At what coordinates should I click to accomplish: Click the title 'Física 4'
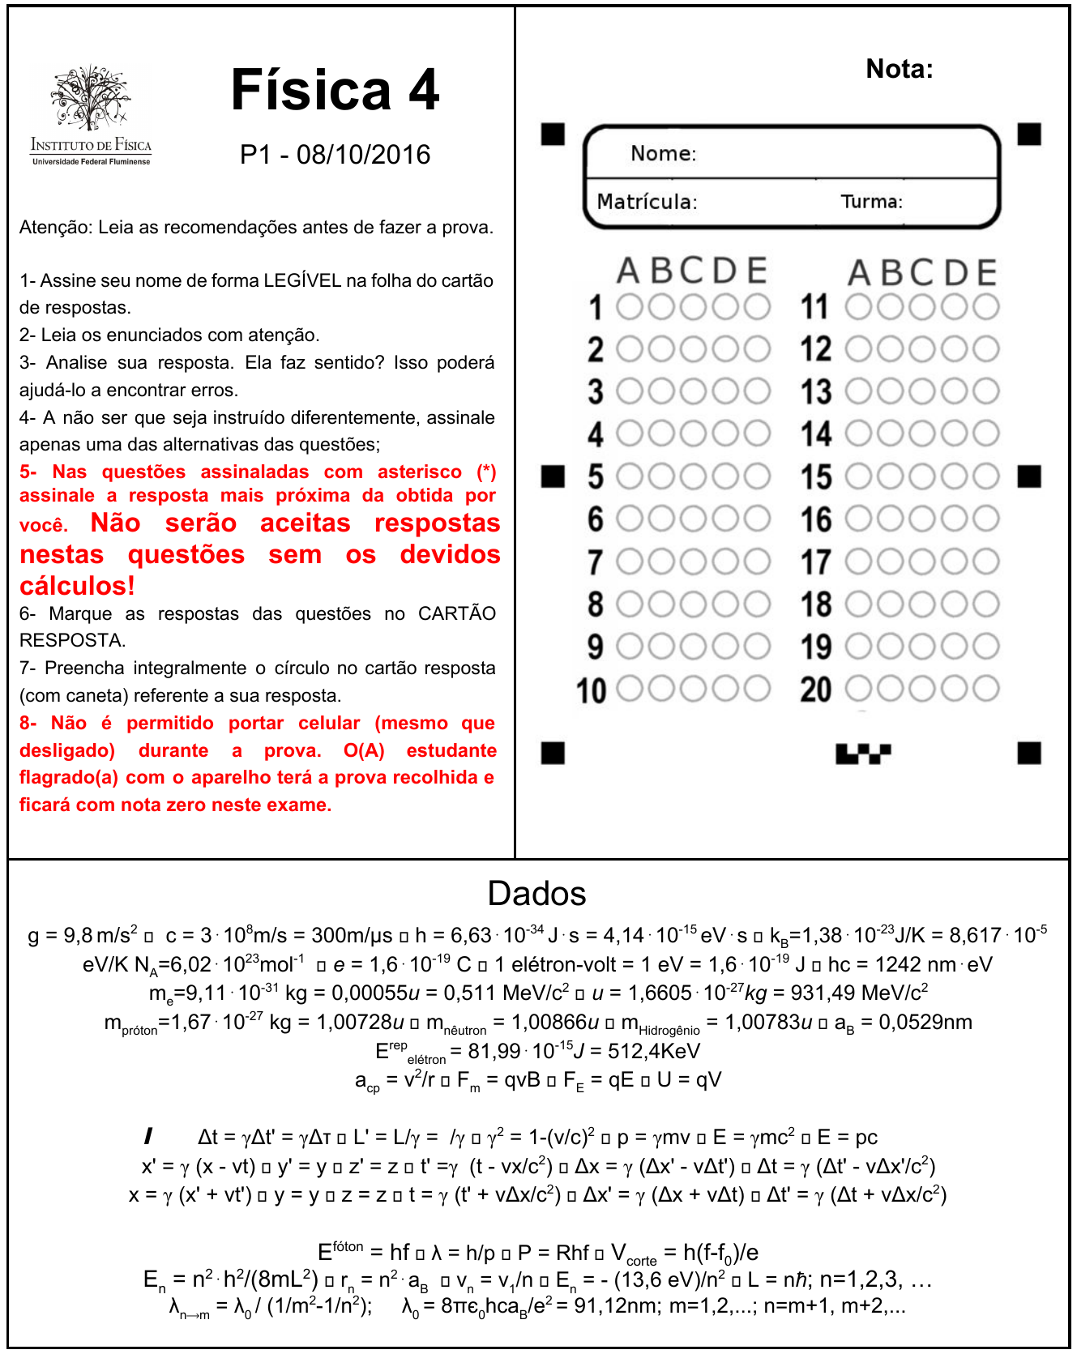[335, 90]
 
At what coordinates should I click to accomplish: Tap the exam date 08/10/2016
[363, 155]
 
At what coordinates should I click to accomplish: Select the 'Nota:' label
[899, 69]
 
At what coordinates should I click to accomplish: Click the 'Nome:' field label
[663, 153]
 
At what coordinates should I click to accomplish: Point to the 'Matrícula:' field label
[647, 201]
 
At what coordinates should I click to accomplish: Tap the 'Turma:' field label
[871, 201]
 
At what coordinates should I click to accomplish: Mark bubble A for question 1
[630, 306]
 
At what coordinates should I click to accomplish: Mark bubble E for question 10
[757, 689]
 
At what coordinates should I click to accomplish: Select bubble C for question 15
[921, 476]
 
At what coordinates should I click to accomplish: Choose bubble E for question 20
[986, 689]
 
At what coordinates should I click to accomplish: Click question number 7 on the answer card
[596, 562]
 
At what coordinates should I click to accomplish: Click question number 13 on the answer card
[816, 392]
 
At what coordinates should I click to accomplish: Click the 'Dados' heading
[536, 894]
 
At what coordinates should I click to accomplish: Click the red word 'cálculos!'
[77, 585]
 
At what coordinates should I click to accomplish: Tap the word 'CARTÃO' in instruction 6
[456, 613]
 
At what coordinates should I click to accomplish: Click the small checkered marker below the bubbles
[863, 754]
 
